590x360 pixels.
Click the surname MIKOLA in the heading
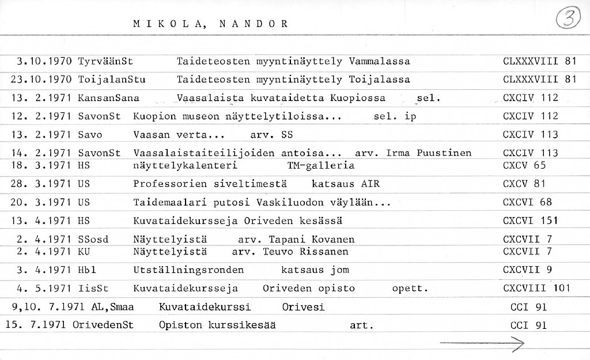tap(165, 24)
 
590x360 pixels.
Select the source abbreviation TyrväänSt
tap(105, 60)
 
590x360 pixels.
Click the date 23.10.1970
tap(41, 79)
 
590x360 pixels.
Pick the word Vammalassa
tap(379, 60)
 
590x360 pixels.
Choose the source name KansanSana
tap(108, 98)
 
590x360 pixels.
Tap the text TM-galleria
tap(320, 165)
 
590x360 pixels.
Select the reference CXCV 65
tap(524, 165)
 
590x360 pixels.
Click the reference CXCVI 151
tap(530, 221)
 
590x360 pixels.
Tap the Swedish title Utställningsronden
tap(188, 270)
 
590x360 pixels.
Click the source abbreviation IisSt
tap(93, 288)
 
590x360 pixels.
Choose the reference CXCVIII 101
tap(536, 288)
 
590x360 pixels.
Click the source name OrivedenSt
tap(103, 325)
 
